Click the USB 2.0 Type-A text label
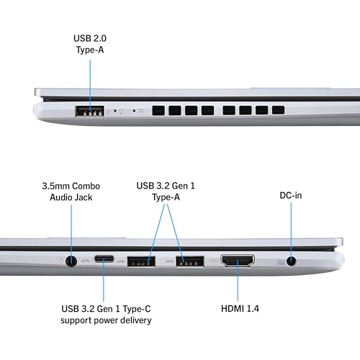click(x=90, y=44)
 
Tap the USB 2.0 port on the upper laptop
click(x=89, y=112)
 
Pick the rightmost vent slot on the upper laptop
click(x=278, y=112)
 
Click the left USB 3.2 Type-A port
click(x=142, y=261)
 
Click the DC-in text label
click(x=292, y=195)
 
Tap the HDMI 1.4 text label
click(x=240, y=308)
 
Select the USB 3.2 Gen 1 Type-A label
click(x=166, y=191)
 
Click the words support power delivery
click(x=106, y=320)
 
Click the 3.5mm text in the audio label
click(x=55, y=185)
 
